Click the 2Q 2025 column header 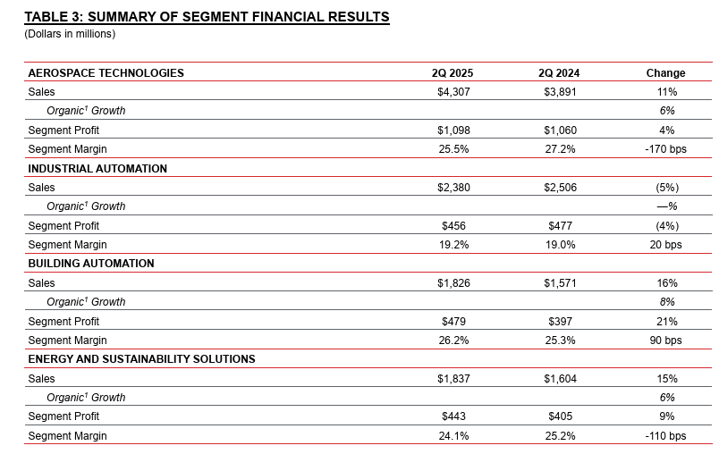453,73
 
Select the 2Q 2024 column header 559,73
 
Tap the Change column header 666,73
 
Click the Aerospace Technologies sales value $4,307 453,92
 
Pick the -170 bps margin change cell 666,149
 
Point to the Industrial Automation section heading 97,169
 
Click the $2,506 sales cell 561,188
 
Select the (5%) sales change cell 667,188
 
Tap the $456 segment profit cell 453,226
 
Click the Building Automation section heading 91,264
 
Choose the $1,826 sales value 453,283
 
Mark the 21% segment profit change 667,322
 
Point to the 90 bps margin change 666,340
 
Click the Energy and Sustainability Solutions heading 141,359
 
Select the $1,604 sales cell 561,379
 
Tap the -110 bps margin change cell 666,436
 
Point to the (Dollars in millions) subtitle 70,34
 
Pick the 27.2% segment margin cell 561,149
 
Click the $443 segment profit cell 453,416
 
